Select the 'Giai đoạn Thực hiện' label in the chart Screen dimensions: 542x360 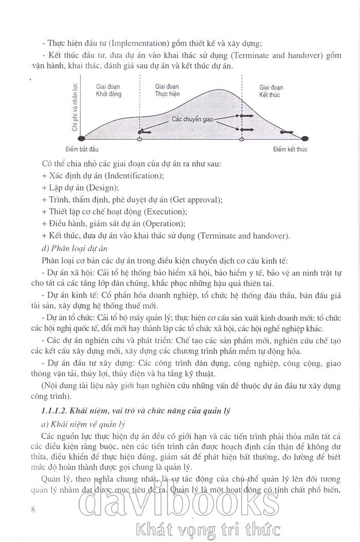[167, 91]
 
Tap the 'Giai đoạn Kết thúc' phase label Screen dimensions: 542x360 [270, 92]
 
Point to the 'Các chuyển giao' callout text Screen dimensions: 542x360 [193, 118]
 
